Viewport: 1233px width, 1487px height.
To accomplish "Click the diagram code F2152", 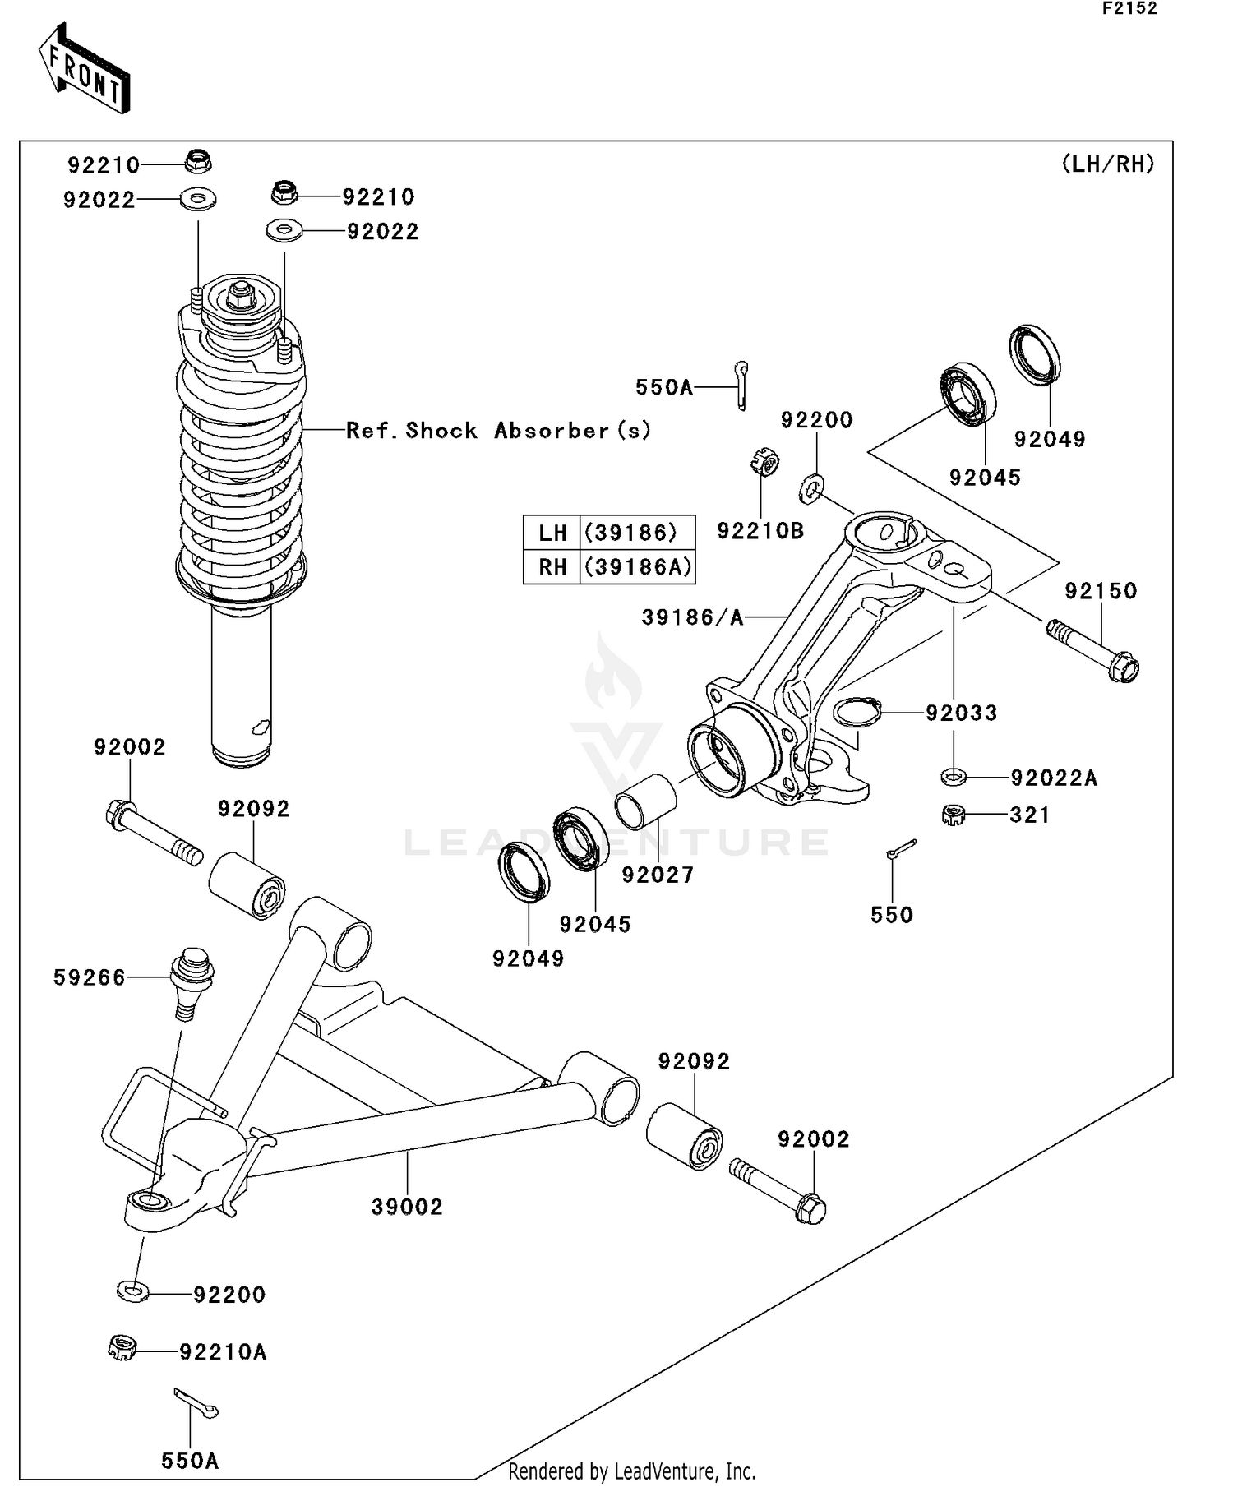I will (x=1129, y=9).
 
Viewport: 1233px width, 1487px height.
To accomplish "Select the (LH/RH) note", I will (x=1108, y=164).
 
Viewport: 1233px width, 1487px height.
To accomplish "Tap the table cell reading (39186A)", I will (x=637, y=567).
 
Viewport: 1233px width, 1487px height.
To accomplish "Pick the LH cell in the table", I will (x=552, y=533).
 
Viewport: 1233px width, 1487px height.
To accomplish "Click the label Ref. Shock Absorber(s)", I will (x=498, y=430).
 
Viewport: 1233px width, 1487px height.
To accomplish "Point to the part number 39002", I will (x=406, y=1207).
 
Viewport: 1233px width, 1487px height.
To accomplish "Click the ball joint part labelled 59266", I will (x=192, y=982).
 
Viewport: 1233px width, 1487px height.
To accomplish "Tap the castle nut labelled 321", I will (x=953, y=815).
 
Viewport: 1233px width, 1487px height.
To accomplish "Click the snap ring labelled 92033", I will (x=857, y=711).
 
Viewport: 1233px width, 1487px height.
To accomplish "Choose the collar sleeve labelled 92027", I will (x=646, y=801).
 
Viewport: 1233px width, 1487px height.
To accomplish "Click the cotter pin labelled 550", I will (x=901, y=848).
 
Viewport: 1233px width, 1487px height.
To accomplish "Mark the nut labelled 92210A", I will (x=122, y=1348).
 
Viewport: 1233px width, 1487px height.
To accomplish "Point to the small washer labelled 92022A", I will (x=953, y=775).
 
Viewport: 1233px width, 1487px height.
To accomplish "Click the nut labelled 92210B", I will (x=764, y=463).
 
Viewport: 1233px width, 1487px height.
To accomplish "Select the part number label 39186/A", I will (x=692, y=617).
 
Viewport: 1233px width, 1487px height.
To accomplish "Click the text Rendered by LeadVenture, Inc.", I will (x=631, y=1471).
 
